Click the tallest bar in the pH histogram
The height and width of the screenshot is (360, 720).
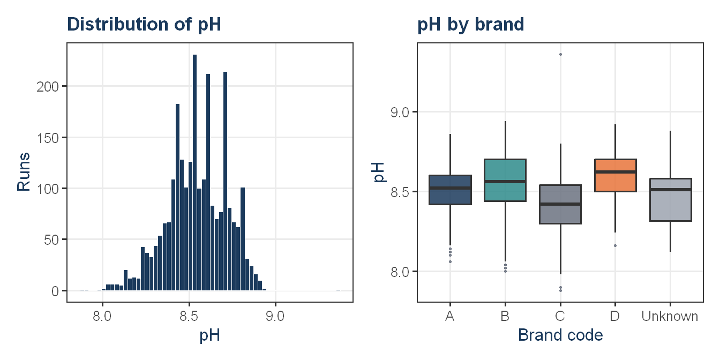click(x=194, y=172)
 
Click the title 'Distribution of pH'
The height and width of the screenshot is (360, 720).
click(x=144, y=25)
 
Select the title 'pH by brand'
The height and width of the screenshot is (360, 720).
click(x=470, y=25)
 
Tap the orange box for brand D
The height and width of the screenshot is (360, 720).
click(x=615, y=176)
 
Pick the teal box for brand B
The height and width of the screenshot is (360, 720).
click(x=505, y=181)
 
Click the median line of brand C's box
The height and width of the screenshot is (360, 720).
click(x=560, y=204)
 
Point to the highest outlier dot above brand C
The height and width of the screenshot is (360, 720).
click(x=560, y=54)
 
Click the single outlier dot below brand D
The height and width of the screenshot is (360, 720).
click(x=615, y=245)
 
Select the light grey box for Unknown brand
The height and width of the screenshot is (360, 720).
click(x=671, y=200)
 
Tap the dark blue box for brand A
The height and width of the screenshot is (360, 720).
click(x=451, y=190)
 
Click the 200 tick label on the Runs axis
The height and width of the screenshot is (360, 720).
click(x=48, y=87)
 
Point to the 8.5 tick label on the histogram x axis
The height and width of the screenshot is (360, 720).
click(x=189, y=316)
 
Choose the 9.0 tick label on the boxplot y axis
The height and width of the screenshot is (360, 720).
click(x=400, y=112)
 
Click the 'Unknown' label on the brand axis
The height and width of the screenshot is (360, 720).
click(x=670, y=316)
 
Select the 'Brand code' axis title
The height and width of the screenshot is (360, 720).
click(x=560, y=335)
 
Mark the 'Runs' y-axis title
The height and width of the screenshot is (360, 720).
click(x=24, y=172)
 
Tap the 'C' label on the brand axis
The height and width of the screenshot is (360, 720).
click(x=560, y=316)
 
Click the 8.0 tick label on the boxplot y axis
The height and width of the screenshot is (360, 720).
click(x=400, y=272)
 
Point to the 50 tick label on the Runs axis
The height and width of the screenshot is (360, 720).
click(x=51, y=240)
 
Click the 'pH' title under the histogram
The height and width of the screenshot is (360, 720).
click(x=209, y=335)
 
